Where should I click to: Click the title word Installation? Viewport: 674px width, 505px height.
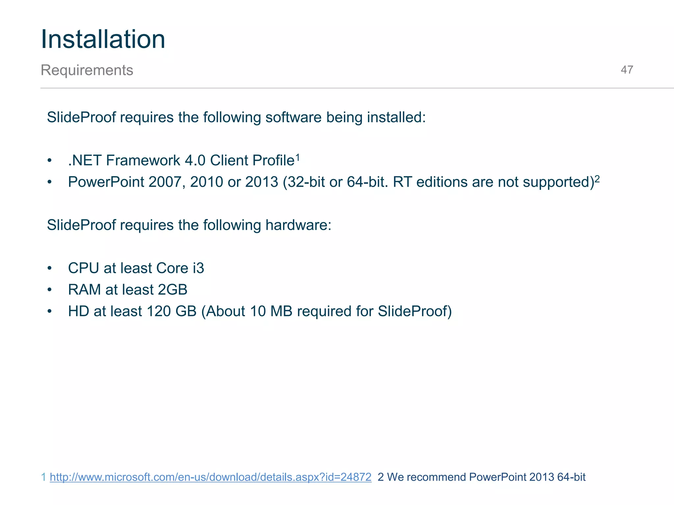point(103,39)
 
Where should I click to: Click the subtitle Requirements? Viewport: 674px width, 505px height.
point(87,70)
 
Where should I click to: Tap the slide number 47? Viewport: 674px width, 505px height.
point(627,70)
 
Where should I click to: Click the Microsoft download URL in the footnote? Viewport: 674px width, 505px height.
point(211,477)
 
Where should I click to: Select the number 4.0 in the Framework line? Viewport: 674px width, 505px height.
point(195,161)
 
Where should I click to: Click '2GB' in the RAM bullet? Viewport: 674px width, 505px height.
point(172,290)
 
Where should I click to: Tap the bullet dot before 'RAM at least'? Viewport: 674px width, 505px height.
point(49,290)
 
